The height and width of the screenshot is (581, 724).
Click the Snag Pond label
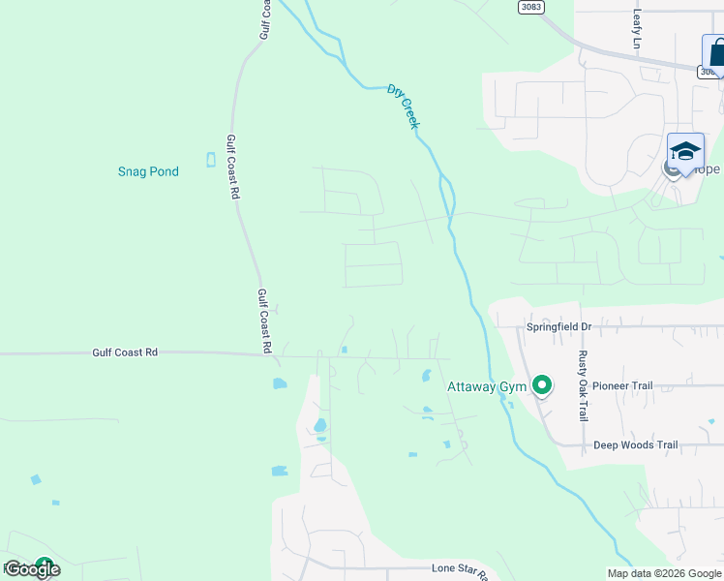coord(148,171)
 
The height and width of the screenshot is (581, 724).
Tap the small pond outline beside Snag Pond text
coord(210,160)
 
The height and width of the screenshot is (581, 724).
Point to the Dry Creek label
coord(404,106)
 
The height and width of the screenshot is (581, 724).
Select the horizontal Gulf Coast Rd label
coord(125,353)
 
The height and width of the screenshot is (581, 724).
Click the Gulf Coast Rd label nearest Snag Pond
coord(232,168)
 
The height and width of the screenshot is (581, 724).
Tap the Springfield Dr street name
coord(558,327)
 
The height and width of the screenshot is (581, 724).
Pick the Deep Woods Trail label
coord(635,445)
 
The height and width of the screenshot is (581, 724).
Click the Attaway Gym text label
coord(486,387)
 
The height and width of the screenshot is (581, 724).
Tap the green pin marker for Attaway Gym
coord(542,386)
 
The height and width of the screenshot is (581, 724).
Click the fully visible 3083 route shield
coord(530,7)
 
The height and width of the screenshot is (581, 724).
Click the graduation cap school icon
coord(685,151)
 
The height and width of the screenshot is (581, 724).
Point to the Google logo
coord(32,570)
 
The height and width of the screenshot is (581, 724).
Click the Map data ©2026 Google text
coord(663,573)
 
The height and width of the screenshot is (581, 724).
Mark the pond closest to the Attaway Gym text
coord(426,375)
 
